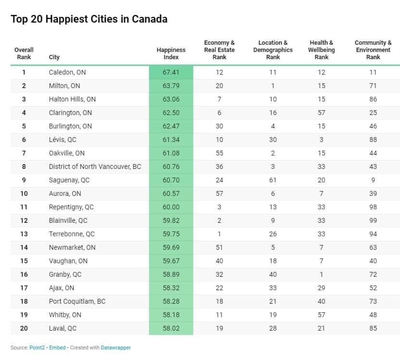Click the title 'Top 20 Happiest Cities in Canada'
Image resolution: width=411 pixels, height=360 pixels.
[89, 19]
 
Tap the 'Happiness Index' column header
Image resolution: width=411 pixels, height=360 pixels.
[171, 53]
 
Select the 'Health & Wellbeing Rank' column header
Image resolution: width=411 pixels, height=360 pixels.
[322, 50]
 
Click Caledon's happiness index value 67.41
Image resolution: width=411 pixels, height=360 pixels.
[171, 72]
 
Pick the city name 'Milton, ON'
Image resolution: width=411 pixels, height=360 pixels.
[65, 86]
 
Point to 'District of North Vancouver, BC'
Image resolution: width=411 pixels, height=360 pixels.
[95, 167]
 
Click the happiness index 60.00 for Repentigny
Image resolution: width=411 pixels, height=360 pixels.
[171, 207]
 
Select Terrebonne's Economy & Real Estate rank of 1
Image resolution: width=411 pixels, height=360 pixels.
[219, 234]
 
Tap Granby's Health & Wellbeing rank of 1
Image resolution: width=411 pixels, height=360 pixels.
[322, 274]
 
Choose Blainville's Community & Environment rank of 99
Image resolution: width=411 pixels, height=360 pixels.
[373, 220]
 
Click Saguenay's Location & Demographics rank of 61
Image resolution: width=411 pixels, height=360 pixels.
[273, 180]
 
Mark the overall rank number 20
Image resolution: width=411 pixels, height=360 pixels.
[24, 328]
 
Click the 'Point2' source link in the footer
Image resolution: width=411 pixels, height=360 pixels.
[35, 347]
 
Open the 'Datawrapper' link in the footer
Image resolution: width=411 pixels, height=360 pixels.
[115, 347]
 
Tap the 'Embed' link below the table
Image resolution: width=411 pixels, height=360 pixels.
[57, 347]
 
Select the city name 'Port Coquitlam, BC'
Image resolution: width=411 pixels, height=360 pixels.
[77, 301]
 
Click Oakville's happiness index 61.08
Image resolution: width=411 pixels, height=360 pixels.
[171, 153]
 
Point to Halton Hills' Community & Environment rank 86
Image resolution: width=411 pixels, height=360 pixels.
[373, 99]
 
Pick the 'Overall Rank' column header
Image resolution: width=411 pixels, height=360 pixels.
[24, 53]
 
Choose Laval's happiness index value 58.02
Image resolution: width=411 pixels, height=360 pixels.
[171, 328]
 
